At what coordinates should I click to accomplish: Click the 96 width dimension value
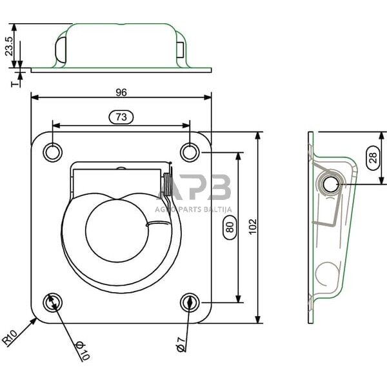click(x=121, y=92)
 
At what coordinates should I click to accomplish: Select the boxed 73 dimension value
click(x=121, y=117)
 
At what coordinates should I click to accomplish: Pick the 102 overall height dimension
click(x=252, y=226)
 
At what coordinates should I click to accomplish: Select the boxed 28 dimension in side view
click(x=373, y=157)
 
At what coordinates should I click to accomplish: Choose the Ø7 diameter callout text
click(x=181, y=344)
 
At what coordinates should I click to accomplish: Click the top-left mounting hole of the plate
click(x=52, y=152)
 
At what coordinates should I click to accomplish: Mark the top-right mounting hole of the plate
click(x=189, y=152)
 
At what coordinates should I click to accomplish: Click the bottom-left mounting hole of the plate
click(x=52, y=301)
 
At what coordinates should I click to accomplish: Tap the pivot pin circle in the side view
click(x=331, y=184)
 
